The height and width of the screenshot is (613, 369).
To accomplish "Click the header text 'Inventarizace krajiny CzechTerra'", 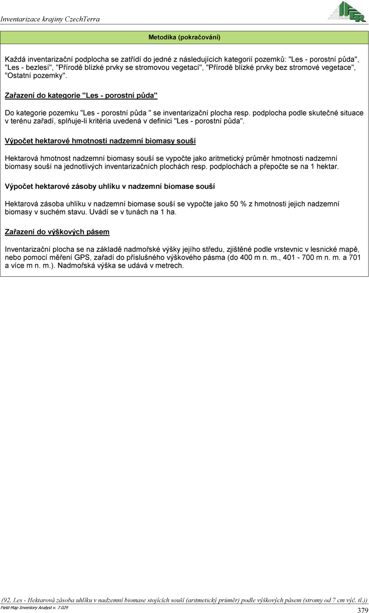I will click(x=50, y=19).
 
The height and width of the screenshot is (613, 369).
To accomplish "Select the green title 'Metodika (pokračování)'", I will click(x=184, y=37).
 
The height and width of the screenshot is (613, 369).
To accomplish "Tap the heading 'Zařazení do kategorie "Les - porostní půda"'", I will click(x=81, y=95).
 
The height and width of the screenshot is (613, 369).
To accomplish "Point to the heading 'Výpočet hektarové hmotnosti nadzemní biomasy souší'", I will click(x=100, y=141).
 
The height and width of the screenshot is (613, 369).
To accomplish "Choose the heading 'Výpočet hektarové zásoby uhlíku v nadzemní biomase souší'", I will click(x=110, y=186).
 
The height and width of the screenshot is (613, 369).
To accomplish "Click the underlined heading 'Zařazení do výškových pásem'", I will click(x=57, y=232).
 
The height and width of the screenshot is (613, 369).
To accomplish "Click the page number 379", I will click(x=363, y=610).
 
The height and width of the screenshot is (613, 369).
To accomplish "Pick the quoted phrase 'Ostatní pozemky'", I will click(x=36, y=75).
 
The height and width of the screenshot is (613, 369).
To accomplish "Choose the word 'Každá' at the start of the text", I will click(x=14, y=59).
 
